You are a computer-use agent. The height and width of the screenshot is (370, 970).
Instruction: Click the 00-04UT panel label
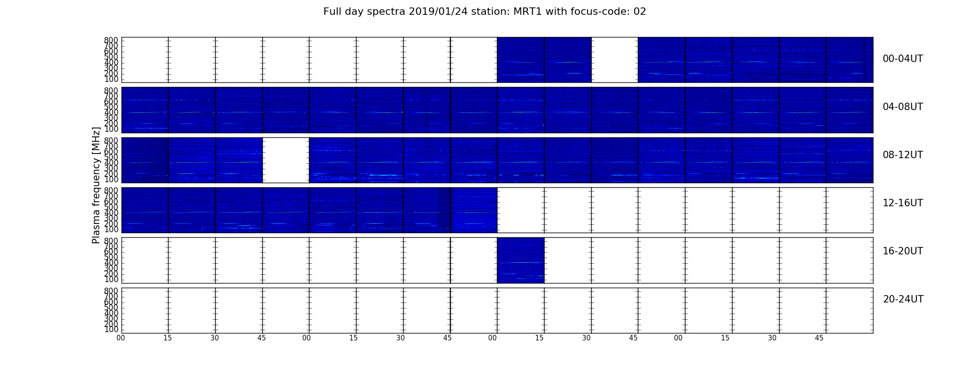coord(903,59)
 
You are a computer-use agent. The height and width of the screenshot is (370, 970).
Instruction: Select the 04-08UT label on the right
coord(903,107)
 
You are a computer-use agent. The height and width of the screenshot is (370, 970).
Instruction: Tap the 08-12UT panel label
coord(903,155)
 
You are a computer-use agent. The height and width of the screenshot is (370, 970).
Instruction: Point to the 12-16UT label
coord(903,203)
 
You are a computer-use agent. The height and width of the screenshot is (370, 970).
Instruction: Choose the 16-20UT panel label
coord(903,251)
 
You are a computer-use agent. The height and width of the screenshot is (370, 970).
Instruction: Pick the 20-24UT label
coord(903,299)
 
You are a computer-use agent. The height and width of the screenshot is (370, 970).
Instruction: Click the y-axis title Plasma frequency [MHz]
coord(96,185)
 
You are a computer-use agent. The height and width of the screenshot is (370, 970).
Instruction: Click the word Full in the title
coord(332,12)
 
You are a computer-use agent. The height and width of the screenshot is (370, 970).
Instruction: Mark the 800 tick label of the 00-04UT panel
coord(111,40)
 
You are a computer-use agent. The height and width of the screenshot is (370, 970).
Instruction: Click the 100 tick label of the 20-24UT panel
coord(111,330)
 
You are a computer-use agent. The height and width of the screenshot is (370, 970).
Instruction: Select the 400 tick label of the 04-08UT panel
coord(111,112)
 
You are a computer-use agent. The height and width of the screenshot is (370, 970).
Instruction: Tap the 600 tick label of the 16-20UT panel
coord(111,252)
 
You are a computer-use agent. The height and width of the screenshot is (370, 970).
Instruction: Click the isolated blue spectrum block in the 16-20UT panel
coord(521,260)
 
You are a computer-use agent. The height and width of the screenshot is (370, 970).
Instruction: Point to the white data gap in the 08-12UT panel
coord(286,160)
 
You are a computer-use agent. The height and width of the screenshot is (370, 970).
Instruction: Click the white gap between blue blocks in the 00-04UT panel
coord(615,60)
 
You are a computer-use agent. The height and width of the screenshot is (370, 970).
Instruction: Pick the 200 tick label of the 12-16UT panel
coord(111,224)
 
